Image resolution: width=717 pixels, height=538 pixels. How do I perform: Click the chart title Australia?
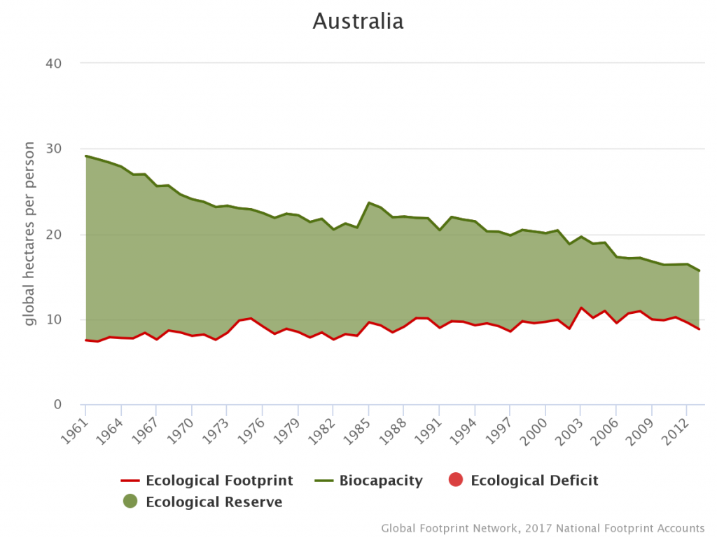(x=358, y=21)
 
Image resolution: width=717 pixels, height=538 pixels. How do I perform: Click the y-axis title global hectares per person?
(x=29, y=234)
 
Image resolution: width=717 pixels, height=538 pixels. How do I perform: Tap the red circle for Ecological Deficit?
(x=455, y=481)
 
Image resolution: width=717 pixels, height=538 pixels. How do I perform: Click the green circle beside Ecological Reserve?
(x=130, y=502)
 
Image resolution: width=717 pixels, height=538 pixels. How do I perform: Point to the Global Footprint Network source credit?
(x=543, y=528)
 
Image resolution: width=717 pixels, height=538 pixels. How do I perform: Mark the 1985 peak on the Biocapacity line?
(x=368, y=202)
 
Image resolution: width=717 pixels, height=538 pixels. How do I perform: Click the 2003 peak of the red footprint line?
(x=580, y=308)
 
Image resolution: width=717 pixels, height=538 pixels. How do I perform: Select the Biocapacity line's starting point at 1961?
(x=85, y=156)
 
